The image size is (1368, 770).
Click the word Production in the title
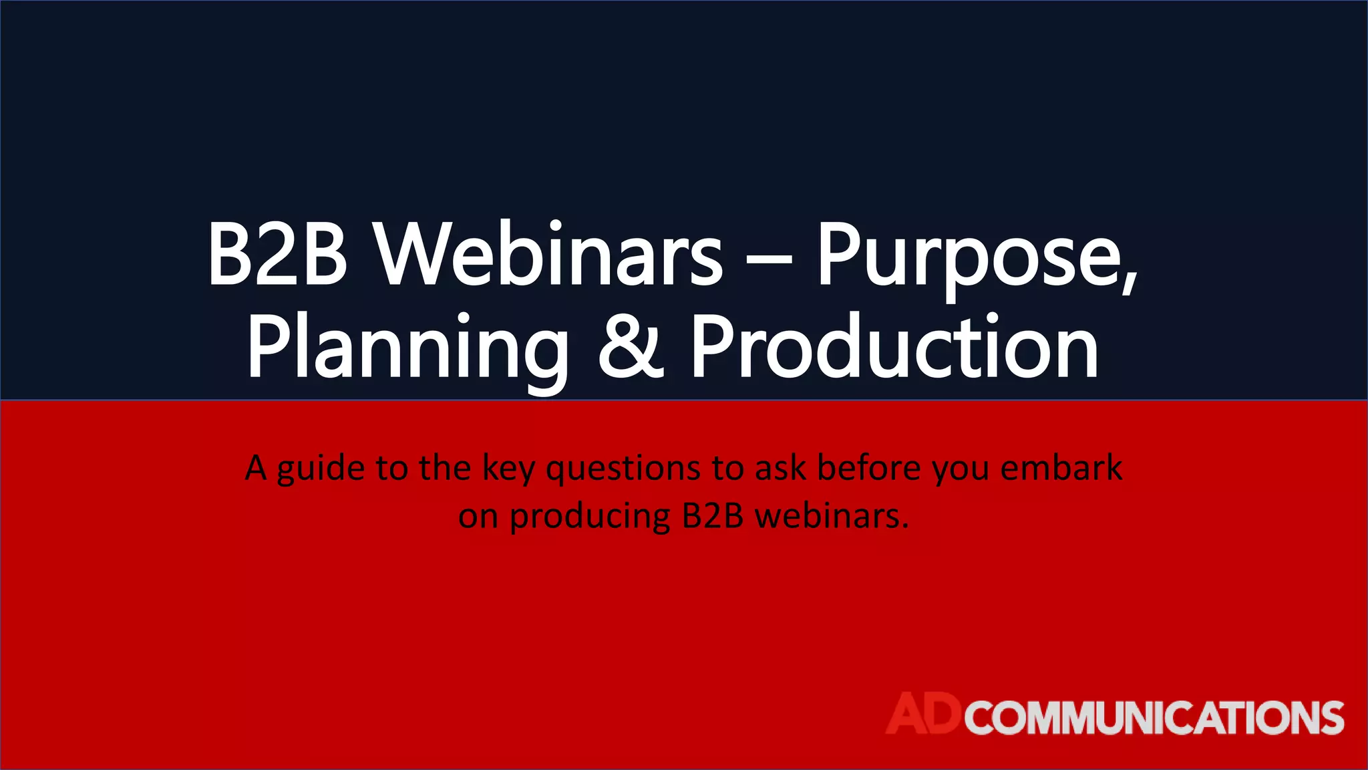click(894, 348)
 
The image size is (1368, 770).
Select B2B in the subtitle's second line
click(713, 516)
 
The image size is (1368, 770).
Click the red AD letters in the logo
click(924, 713)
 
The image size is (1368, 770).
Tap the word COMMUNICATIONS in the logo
click(1154, 718)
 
